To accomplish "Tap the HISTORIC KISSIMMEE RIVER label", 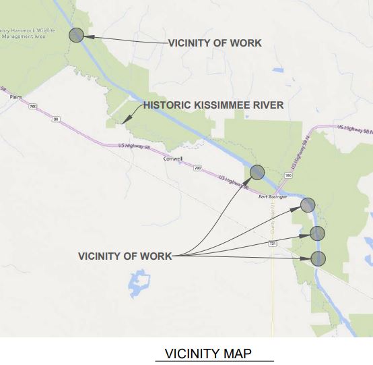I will (213, 105).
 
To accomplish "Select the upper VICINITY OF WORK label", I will (215, 43).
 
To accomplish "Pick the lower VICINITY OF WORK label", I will (125, 256).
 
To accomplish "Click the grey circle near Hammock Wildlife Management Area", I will (76, 35).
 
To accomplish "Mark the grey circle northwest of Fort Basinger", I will (257, 173).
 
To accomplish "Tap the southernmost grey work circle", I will (318, 258).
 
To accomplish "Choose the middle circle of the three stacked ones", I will (317, 233).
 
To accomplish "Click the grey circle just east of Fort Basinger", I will (308, 205).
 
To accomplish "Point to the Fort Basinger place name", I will (273, 196).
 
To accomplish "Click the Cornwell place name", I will (173, 160).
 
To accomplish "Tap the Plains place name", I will (16, 96).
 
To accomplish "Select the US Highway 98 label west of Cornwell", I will (132, 146).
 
